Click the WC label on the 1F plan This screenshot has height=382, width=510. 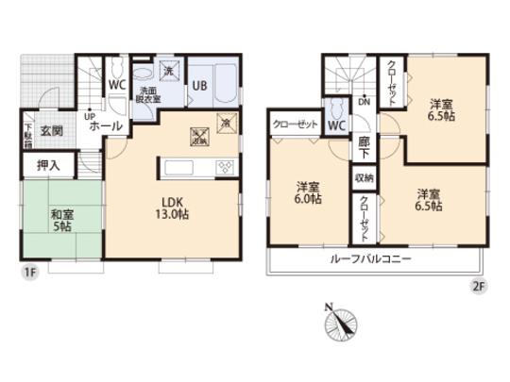(x=117, y=83)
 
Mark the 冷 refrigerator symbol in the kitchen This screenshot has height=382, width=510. (x=226, y=121)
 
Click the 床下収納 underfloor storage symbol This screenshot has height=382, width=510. (x=200, y=135)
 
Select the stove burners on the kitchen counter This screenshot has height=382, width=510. (x=227, y=167)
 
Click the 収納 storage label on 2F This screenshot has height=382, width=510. (x=364, y=177)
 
